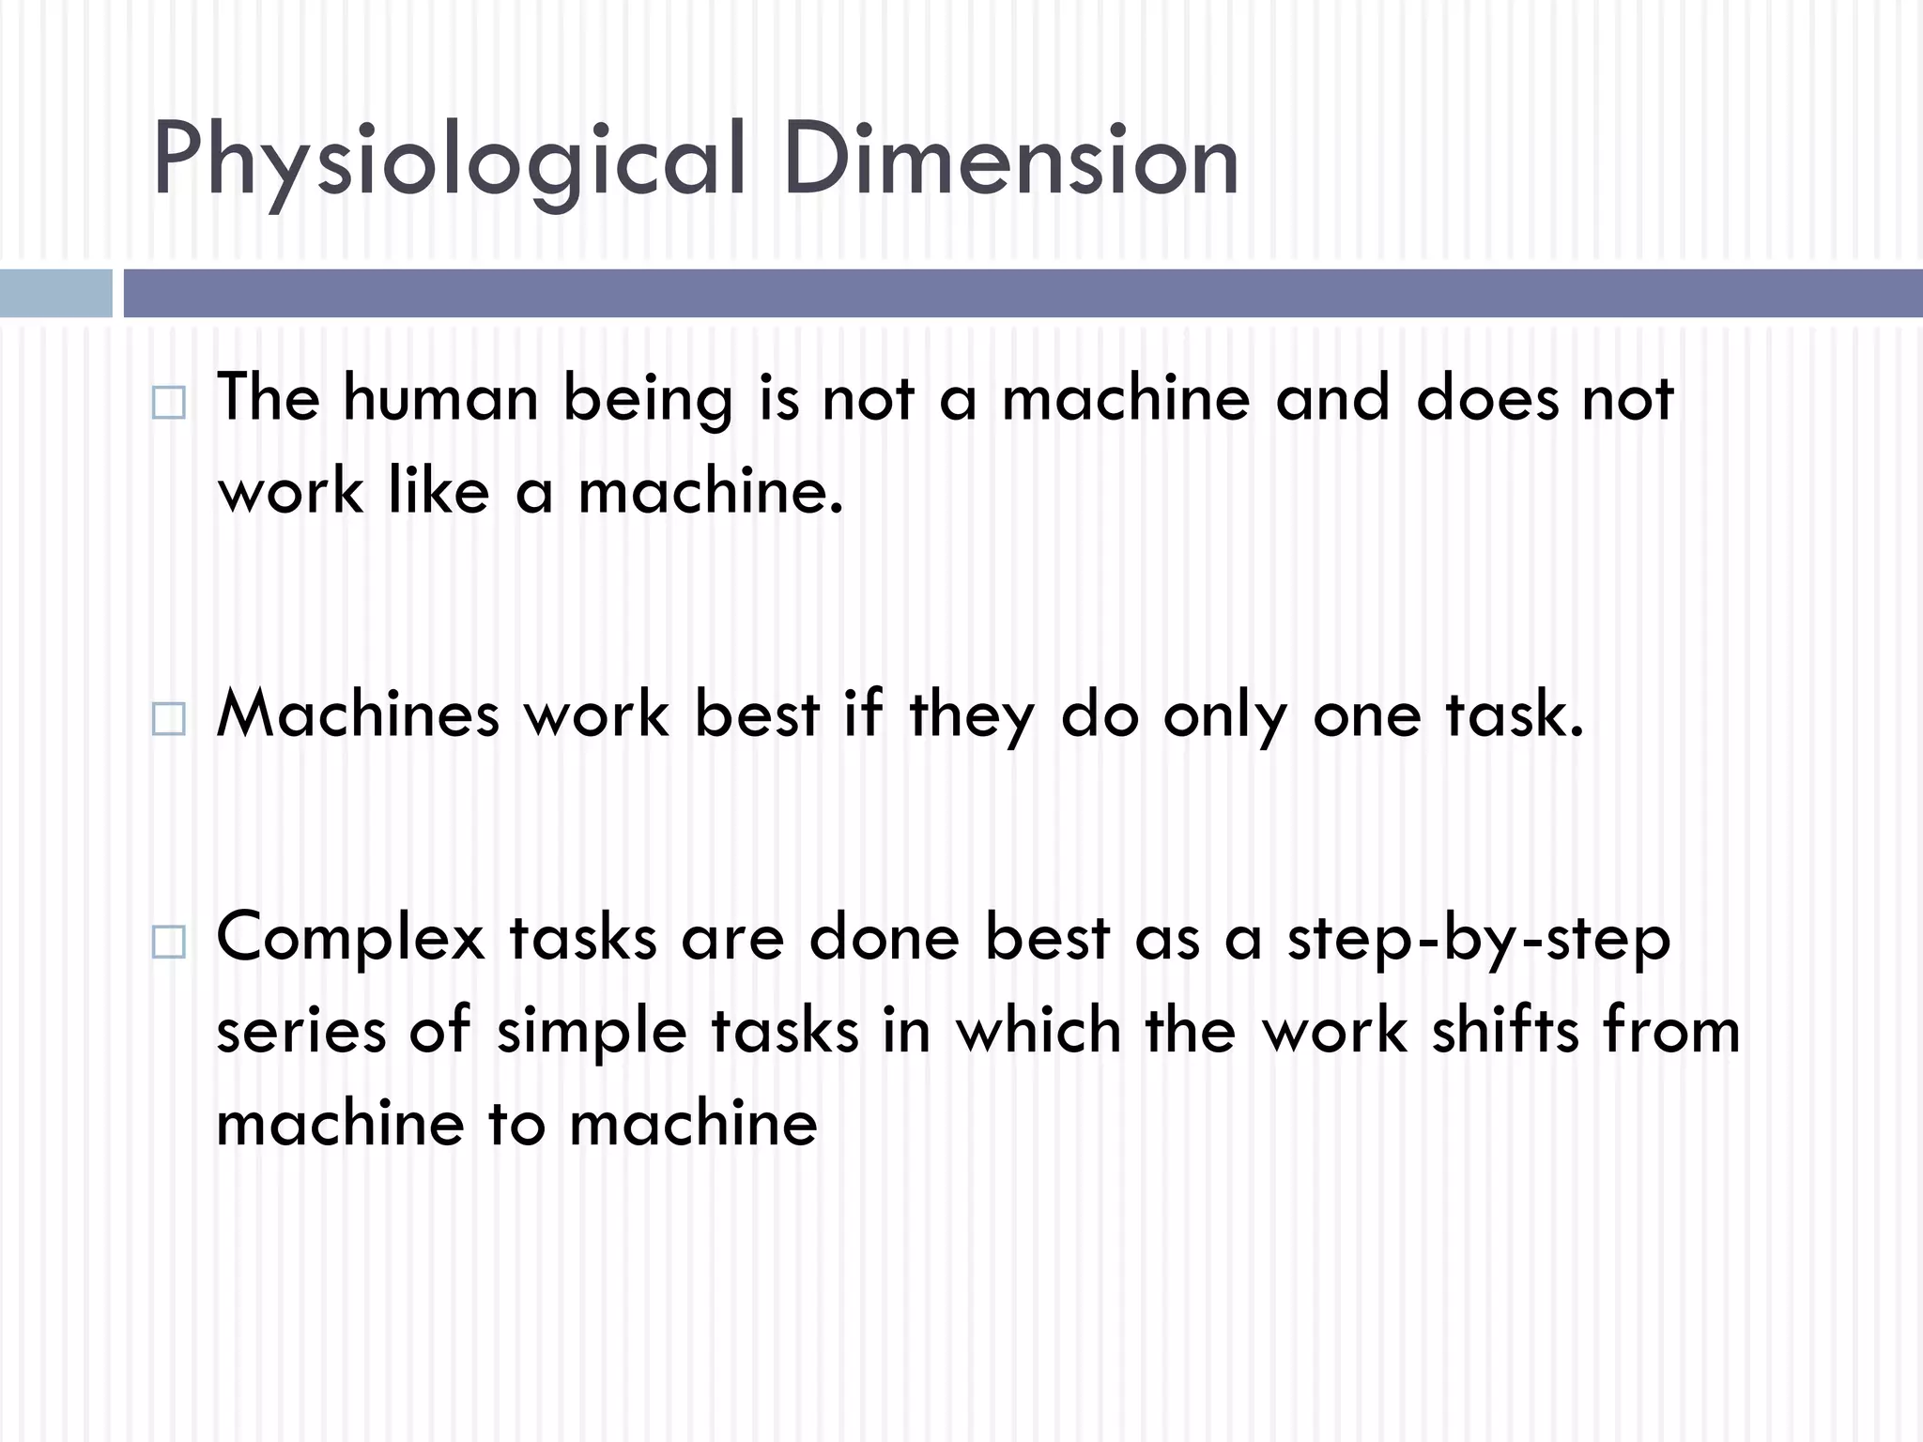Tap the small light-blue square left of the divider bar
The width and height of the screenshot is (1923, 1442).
coord(55,293)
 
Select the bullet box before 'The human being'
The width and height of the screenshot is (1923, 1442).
coord(168,403)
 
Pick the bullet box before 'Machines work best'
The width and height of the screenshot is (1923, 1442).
coord(168,719)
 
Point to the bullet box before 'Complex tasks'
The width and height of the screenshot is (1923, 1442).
coord(168,941)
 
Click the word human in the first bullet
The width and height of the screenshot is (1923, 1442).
coord(440,398)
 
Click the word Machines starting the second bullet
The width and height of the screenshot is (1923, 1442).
coord(358,714)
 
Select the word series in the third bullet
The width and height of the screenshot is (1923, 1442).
coord(300,1031)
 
